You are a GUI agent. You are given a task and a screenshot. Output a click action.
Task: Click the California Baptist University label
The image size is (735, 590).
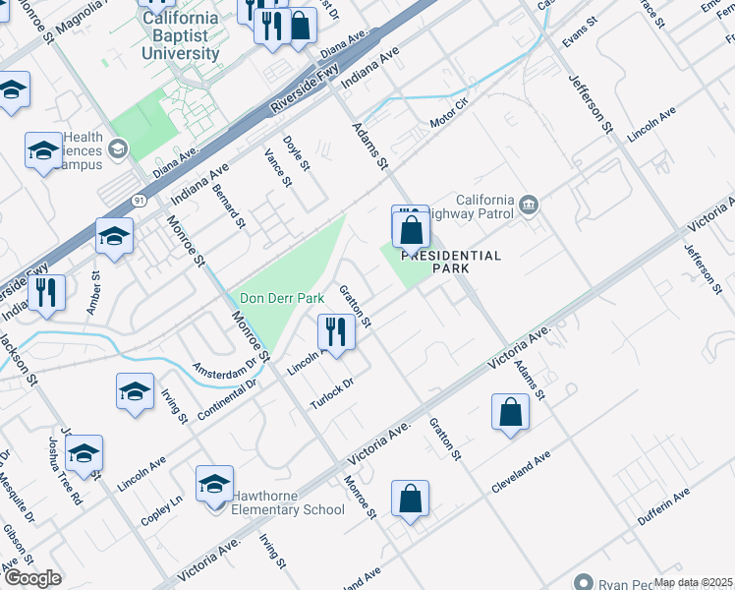tap(180, 35)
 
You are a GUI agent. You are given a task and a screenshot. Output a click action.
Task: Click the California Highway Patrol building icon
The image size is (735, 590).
tap(530, 204)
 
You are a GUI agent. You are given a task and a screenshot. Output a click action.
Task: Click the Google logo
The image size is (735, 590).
tap(32, 578)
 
